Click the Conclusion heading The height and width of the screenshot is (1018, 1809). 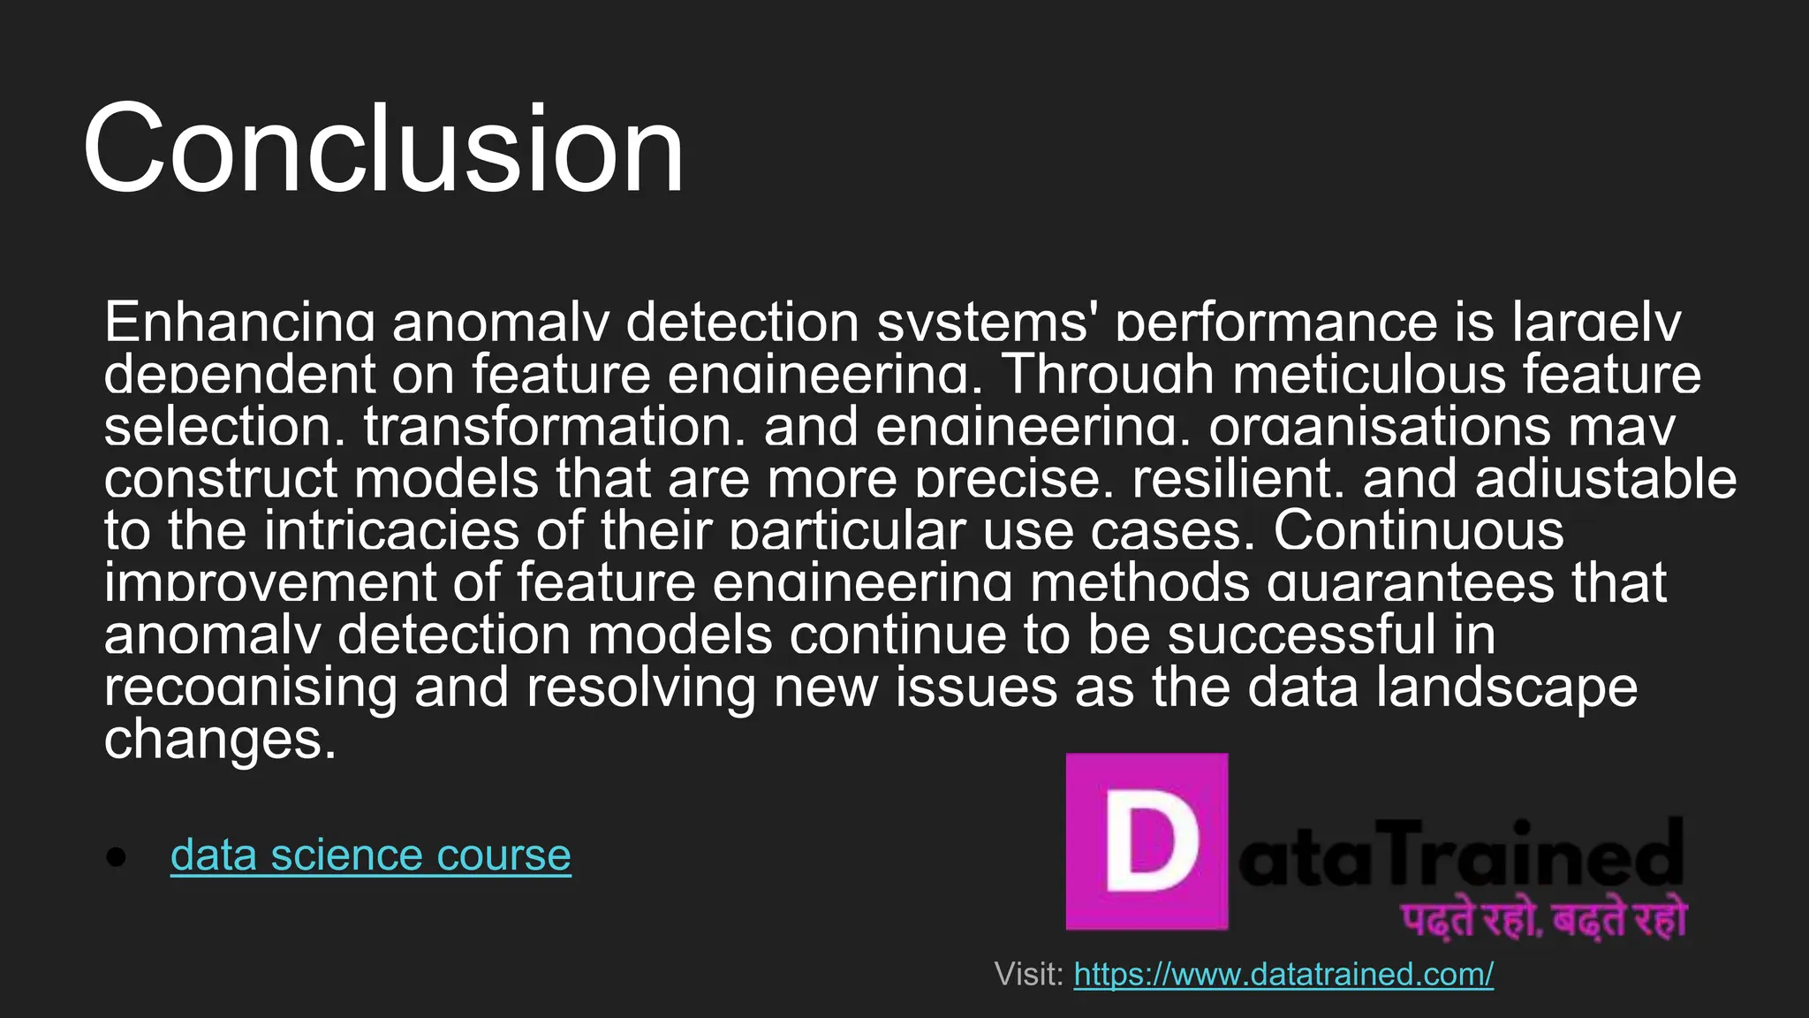pos(382,148)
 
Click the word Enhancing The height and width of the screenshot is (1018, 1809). pos(238,323)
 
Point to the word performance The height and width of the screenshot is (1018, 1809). pos(1277,323)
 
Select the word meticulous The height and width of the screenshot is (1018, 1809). pos(1368,375)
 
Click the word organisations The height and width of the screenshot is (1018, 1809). pos(1379,427)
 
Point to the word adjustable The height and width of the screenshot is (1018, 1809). pos(1605,479)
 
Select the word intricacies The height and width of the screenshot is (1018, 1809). pos(391,531)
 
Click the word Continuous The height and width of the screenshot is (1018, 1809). pos(1419,531)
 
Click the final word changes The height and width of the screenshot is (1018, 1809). pos(220,740)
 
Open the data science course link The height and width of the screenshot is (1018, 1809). pos(370,855)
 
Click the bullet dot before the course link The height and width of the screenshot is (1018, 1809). pos(116,856)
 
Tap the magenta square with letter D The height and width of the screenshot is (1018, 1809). pos(1147,841)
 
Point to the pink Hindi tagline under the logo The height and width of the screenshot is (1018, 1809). pos(1543,919)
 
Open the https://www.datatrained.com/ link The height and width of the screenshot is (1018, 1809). pos(1283,974)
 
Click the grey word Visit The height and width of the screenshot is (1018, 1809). pos(1028,974)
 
